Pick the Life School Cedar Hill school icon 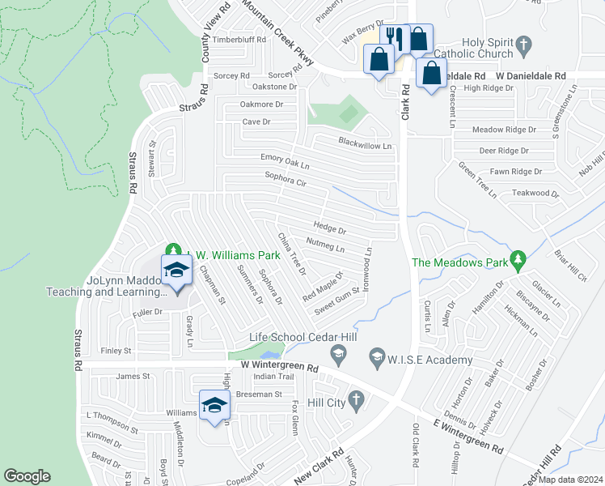(338, 352)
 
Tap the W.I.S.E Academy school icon (376, 356)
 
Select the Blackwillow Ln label (366, 145)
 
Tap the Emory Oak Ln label (286, 160)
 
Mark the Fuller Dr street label (148, 312)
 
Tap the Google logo (27, 476)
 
